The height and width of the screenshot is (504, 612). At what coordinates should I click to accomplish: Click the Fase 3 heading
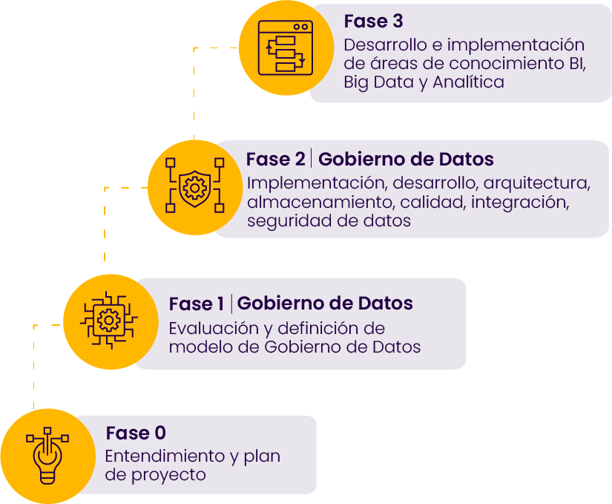374,21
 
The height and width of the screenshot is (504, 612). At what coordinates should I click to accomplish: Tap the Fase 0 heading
136,433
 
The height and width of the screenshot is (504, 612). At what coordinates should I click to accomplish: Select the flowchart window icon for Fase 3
286,48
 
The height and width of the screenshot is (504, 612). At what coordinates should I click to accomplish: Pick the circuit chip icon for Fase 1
110,321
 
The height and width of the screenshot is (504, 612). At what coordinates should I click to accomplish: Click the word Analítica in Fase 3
468,82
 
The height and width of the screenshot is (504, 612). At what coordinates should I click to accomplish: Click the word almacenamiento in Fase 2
310,202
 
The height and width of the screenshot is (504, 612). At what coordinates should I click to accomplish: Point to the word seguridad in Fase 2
283,221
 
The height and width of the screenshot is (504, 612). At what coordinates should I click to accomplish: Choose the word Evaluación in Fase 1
211,328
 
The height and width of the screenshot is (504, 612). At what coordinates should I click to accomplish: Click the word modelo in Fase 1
194,347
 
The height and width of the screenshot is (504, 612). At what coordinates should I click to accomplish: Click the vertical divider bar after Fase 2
312,159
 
